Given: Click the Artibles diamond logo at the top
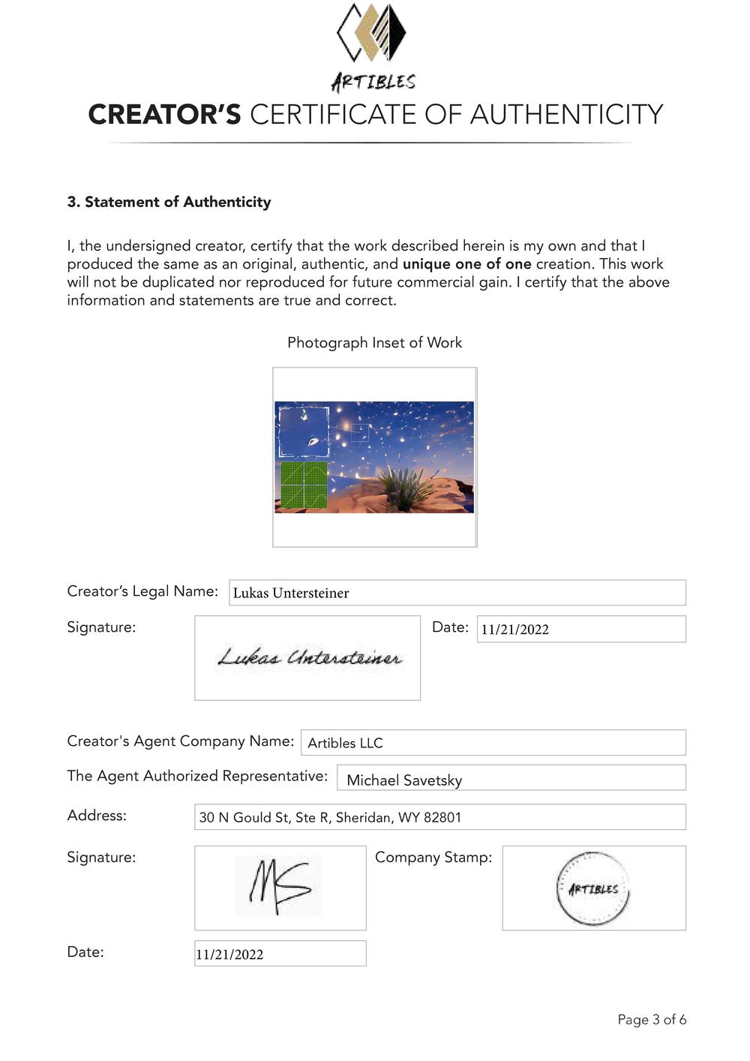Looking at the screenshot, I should (x=371, y=33).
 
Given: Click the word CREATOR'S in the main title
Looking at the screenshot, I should (x=164, y=115).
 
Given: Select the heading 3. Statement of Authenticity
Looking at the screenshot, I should (x=169, y=202).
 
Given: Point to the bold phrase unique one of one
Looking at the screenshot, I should (x=466, y=264).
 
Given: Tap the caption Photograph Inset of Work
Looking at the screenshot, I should (x=374, y=343).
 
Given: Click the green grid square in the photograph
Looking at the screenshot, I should (x=304, y=485).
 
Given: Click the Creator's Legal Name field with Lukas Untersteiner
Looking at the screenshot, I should (x=457, y=593).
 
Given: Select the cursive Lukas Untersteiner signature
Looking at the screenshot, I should (x=309, y=658).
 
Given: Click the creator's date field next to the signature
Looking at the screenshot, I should (x=580, y=630).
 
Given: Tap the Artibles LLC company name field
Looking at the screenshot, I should (x=493, y=743).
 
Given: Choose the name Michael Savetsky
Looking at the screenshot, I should (x=404, y=780).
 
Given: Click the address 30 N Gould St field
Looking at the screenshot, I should (x=439, y=817).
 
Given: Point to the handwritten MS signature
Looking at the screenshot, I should (x=278, y=886).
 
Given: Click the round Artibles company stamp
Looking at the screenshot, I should (x=593, y=888).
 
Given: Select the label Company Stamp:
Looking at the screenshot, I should (x=433, y=857).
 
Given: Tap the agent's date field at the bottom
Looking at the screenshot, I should (x=280, y=954).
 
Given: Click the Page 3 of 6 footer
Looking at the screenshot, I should (x=652, y=1020).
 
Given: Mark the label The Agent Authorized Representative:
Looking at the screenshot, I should (x=197, y=776).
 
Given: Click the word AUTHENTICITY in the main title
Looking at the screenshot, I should (x=566, y=115).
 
